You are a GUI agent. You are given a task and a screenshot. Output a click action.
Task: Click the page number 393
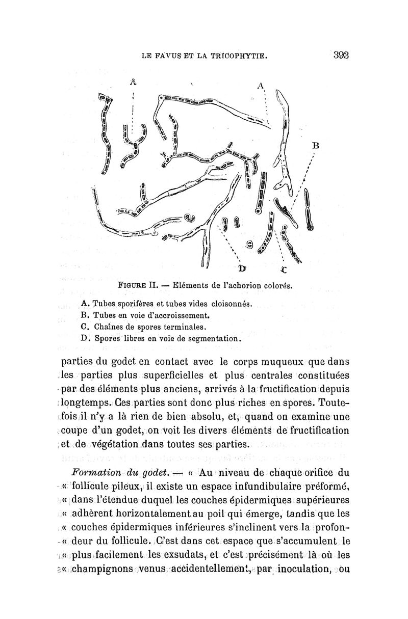coord(339,56)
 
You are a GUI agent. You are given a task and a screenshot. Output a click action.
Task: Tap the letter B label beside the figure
coord(315,145)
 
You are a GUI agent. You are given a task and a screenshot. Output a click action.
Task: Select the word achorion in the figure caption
coord(243,285)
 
